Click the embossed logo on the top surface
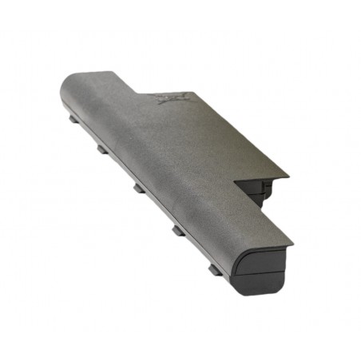(x=169, y=99)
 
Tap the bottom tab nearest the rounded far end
(x=73, y=120)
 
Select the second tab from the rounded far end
(x=102, y=149)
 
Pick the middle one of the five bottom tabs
(x=139, y=188)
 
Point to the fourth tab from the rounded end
(x=177, y=230)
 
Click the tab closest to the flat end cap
(x=215, y=270)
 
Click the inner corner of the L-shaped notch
(x=237, y=182)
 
